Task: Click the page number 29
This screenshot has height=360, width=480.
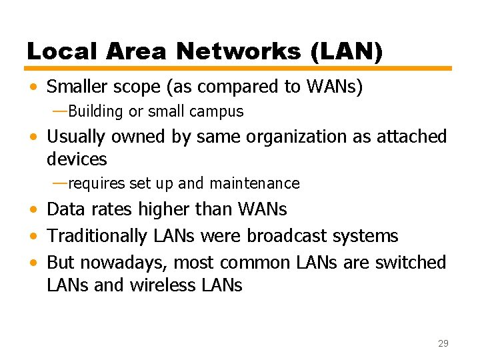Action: [443, 343]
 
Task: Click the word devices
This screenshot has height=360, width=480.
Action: [77, 159]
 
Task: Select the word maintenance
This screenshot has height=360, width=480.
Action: [254, 183]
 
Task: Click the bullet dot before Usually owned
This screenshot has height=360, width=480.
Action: [33, 137]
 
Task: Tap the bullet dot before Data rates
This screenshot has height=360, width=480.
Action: [33, 210]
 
